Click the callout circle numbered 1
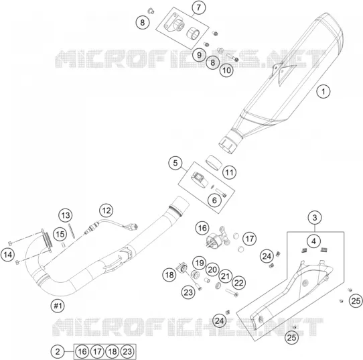pos(323,91)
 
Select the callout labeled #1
pos(58,306)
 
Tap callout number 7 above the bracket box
pos(199,7)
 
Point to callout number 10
pos(226,70)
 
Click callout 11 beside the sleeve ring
pos(230,172)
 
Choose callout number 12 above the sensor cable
pos(106,211)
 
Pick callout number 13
pos(66,215)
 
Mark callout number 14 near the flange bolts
pos(7,255)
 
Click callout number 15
pos(60,234)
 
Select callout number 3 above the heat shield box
pos(315,217)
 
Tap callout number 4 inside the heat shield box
pos(313,241)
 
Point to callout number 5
pos(175,163)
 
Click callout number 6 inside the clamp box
pos(214,200)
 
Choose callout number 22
pos(238,283)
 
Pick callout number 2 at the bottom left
pos(58,352)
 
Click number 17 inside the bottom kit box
pos(97,352)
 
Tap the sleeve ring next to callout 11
pos(214,162)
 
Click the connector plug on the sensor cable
pos(133,227)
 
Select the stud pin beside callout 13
pos(72,231)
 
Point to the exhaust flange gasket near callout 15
pos(48,240)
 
